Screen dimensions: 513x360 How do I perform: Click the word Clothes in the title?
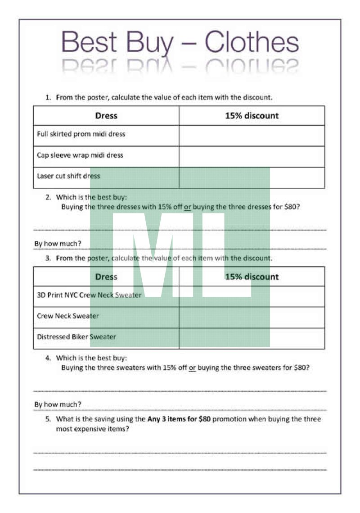coord(252,43)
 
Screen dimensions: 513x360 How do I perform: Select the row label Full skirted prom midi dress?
coord(81,134)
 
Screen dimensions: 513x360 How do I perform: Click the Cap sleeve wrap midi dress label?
coord(80,155)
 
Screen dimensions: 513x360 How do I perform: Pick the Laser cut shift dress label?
coord(68,176)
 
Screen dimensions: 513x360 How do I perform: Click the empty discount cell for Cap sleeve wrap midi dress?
coord(252,156)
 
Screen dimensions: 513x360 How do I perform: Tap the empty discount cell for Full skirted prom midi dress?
coord(252,135)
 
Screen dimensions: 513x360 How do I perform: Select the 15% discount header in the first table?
coord(252,116)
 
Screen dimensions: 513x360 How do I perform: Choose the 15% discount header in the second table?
coord(252,277)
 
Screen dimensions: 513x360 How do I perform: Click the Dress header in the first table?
coord(106,116)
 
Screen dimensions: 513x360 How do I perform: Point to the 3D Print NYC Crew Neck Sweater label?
coord(89,295)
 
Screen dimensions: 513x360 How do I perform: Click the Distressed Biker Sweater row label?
coord(76,337)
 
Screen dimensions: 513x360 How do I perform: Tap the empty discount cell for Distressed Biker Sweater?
coord(252,338)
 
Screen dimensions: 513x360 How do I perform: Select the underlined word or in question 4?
coord(192,368)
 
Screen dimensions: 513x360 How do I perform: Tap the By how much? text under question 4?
coord(58,404)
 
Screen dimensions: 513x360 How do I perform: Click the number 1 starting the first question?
coord(48,97)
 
